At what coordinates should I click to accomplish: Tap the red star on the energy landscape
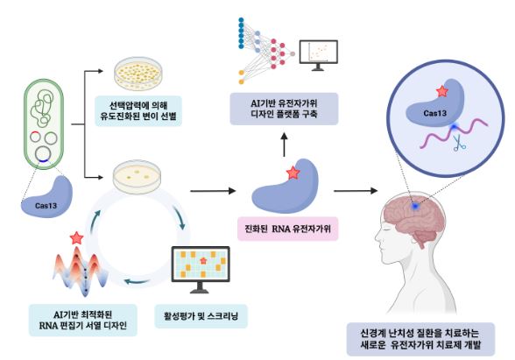pyautogui.click(x=76, y=238)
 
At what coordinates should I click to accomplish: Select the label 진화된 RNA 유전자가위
pyautogui.click(x=287, y=229)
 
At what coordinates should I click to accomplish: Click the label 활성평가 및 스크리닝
pyautogui.click(x=201, y=316)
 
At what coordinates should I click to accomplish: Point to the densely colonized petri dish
pyautogui.click(x=138, y=74)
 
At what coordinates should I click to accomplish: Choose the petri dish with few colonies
pyautogui.click(x=138, y=177)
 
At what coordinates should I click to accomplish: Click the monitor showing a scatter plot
pyautogui.click(x=319, y=55)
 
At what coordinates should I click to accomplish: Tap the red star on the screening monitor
pyautogui.click(x=203, y=260)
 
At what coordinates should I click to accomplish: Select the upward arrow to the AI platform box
pyautogui.click(x=285, y=145)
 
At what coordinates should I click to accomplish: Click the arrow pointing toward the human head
pyautogui.click(x=356, y=191)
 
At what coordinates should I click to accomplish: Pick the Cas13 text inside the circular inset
pyautogui.click(x=434, y=113)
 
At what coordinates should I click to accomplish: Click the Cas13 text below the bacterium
pyautogui.click(x=46, y=206)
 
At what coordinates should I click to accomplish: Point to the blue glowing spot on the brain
pyautogui.click(x=415, y=207)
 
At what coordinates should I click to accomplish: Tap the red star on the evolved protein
pyautogui.click(x=293, y=173)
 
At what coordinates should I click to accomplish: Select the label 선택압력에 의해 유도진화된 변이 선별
pyautogui.click(x=138, y=110)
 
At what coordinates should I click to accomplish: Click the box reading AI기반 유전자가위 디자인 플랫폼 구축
pyautogui.click(x=284, y=109)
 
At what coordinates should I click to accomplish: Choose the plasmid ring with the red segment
pyautogui.click(x=35, y=137)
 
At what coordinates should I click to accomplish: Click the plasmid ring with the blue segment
pyautogui.click(x=44, y=154)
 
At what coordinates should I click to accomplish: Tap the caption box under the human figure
pyautogui.click(x=420, y=339)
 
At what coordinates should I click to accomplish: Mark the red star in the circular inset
pyautogui.click(x=442, y=91)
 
